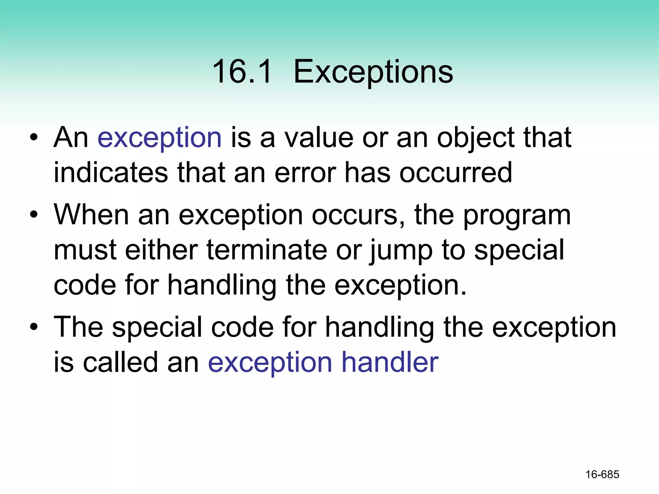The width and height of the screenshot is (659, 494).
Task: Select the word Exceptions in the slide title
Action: pyautogui.click(x=373, y=72)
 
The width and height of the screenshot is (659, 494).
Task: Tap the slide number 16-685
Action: pyautogui.click(x=602, y=474)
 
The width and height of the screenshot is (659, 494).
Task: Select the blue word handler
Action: pyautogui.click(x=390, y=362)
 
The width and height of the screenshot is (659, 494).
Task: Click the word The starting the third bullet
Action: pyautogui.click(x=79, y=327)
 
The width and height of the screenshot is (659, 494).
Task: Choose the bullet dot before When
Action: pyautogui.click(x=34, y=215)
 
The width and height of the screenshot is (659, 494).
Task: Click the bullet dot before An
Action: pyautogui.click(x=34, y=138)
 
